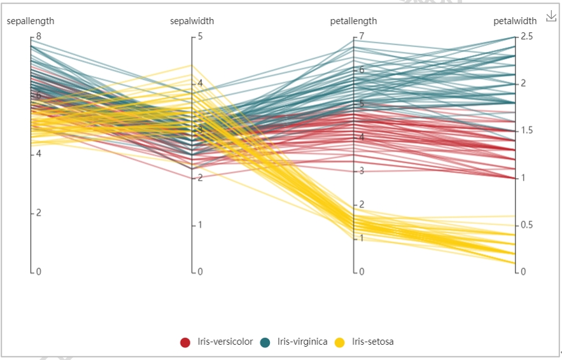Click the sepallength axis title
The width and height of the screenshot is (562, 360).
pos(31,21)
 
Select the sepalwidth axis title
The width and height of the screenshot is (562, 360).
pos(192,21)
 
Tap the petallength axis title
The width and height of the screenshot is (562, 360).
pos(353,21)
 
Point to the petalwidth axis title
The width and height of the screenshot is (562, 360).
pos(515,21)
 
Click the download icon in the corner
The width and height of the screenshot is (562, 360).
pos(551,16)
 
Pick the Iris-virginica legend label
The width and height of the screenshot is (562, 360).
pos(302,342)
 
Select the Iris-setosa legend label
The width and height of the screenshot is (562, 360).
pos(373,342)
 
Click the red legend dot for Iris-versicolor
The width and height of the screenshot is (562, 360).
pos(185,342)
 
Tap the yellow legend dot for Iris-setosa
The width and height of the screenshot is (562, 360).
pos(340,342)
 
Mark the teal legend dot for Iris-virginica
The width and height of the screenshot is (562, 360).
pos(265,342)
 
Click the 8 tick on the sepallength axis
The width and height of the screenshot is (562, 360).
pos(38,37)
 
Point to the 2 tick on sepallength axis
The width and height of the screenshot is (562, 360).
pos(38,213)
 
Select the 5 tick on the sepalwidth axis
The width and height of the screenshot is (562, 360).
pos(200,37)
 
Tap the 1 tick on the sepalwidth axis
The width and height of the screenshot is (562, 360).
pos(200,225)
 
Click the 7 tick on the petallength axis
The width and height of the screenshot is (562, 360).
pos(361,37)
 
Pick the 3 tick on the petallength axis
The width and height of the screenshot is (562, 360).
pos(361,171)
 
